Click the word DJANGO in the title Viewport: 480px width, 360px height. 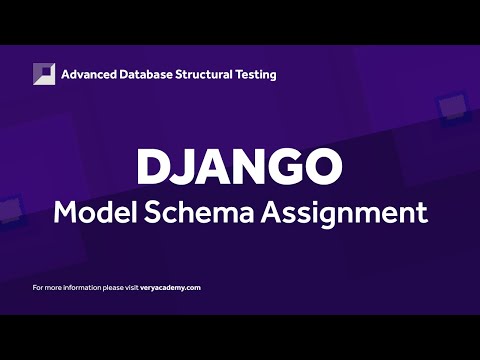240,167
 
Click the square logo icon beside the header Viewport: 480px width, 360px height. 43,74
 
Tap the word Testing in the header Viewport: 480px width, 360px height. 257,75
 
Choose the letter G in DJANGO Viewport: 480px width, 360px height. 286,167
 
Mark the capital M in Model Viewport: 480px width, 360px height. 65,212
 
